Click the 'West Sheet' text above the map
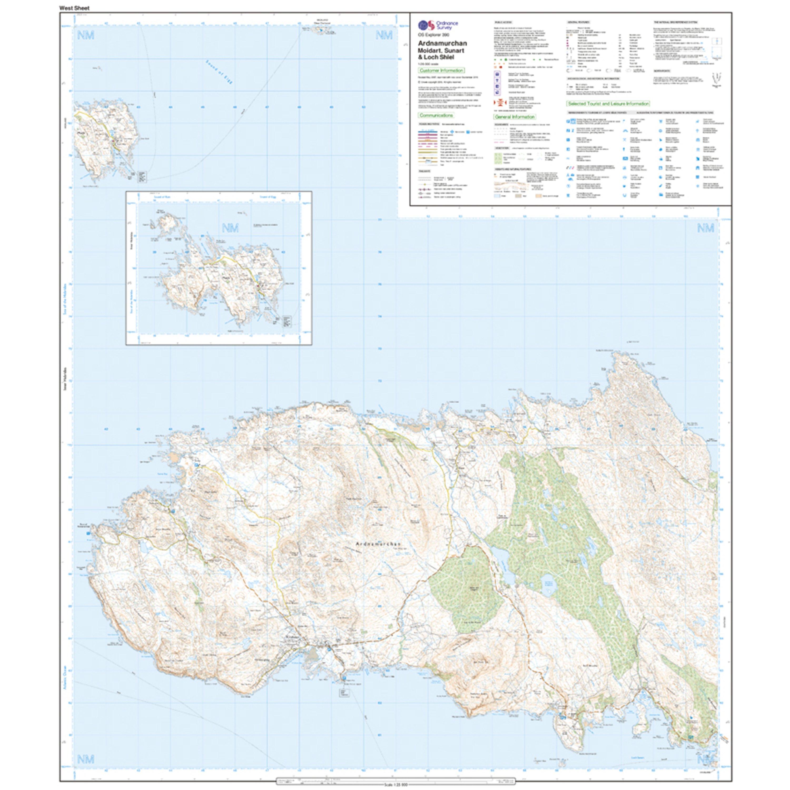point(74,8)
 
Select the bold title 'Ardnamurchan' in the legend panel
point(442,43)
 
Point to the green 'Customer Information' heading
point(441,70)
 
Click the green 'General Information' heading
point(514,117)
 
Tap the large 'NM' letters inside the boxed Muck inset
point(230,228)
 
